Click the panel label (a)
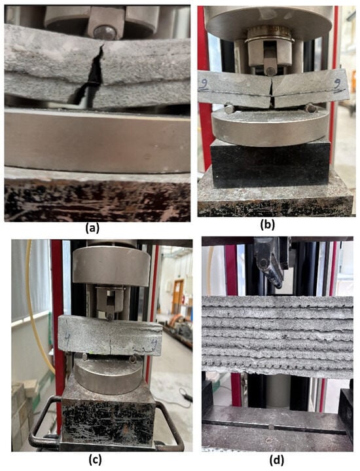coord(92,229)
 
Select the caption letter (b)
coord(267,225)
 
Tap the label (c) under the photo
coord(95,459)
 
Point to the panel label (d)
coord(276,460)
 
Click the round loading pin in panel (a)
coord(105,33)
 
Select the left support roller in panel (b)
coord(229,109)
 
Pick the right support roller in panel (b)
coord(310,108)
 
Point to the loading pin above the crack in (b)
coord(271,71)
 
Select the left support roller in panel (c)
coord(85,357)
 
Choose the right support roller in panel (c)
coord(132,359)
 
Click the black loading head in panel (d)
coord(269,261)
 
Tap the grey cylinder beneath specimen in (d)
coord(278,390)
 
